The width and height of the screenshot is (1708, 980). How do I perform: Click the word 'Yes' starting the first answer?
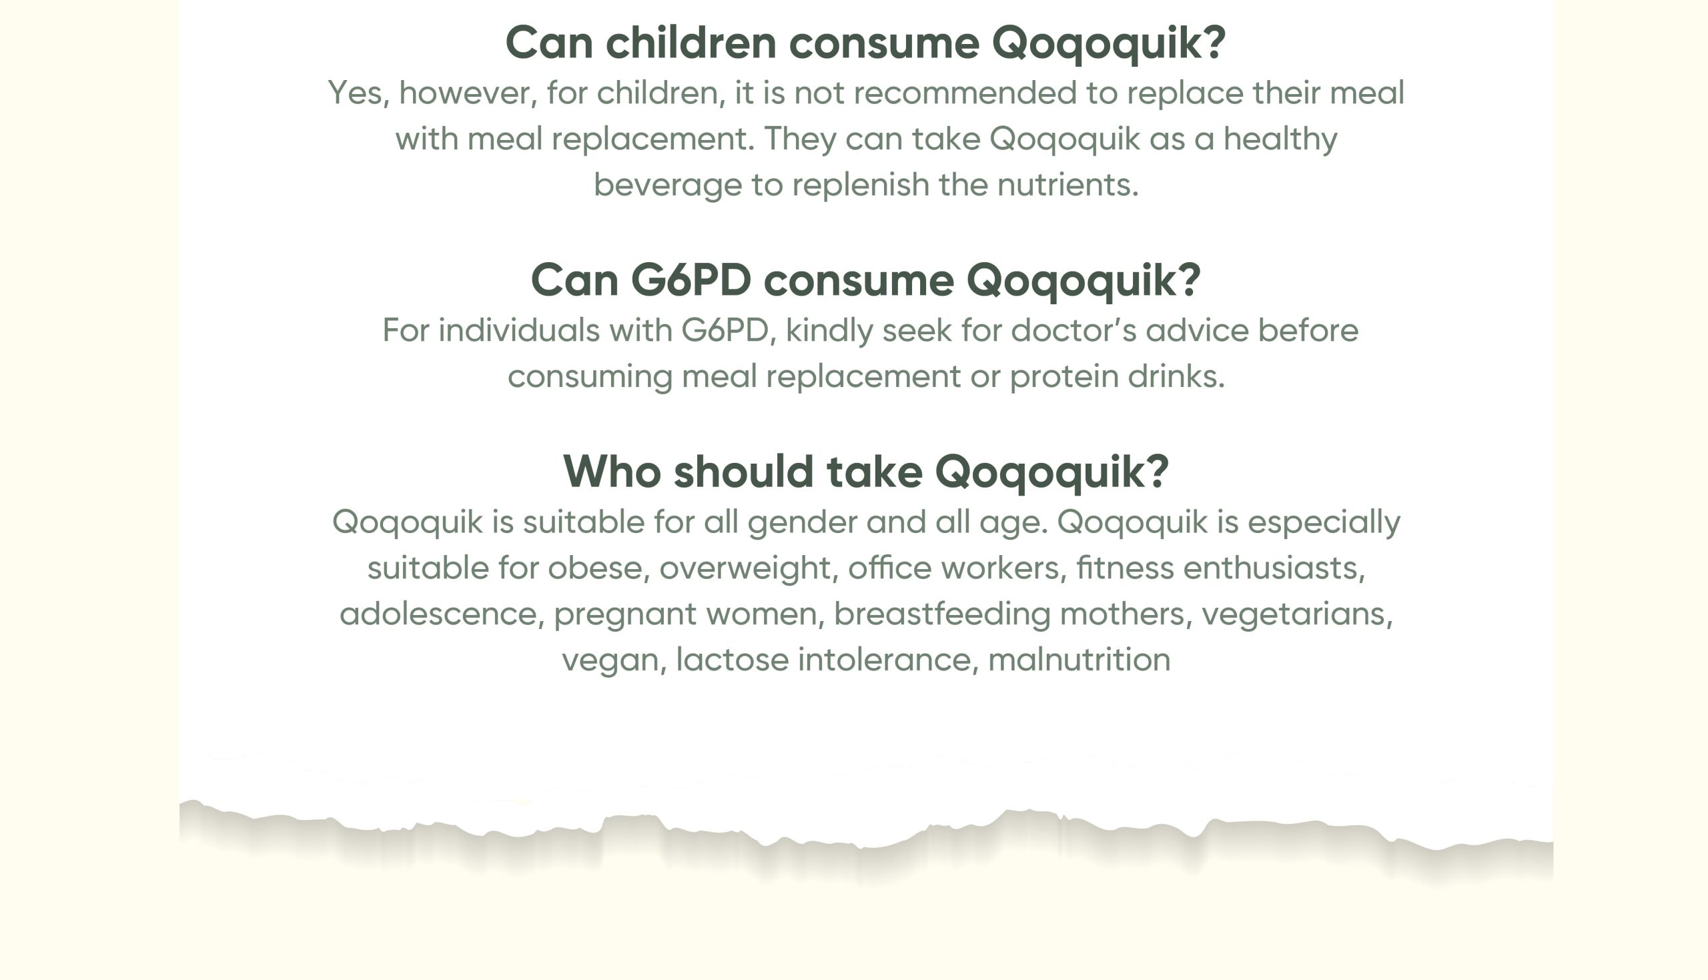click(x=355, y=93)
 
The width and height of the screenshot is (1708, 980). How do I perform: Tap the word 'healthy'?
click(x=1280, y=139)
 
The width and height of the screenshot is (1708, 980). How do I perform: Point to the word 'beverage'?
click(x=668, y=185)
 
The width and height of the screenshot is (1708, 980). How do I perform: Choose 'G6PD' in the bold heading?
click(x=691, y=280)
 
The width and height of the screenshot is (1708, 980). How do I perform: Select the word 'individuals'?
click(x=519, y=330)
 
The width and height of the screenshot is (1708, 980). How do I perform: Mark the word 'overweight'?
click(x=745, y=568)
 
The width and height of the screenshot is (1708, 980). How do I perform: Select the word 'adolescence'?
click(x=438, y=614)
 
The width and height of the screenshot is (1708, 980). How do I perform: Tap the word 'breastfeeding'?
click(x=942, y=614)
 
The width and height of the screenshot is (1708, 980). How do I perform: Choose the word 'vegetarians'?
click(x=1294, y=614)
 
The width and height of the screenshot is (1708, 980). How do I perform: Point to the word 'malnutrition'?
click(x=1080, y=660)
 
